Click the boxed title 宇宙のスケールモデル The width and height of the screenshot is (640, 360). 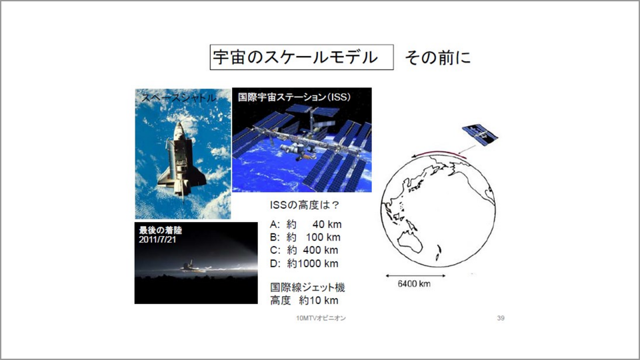[301, 57]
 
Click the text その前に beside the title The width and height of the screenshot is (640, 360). [437, 57]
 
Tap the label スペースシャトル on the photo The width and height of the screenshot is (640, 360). [179, 98]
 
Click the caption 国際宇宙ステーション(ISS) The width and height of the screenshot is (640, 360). [294, 97]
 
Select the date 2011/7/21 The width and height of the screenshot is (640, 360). [157, 239]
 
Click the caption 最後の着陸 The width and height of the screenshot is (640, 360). [161, 230]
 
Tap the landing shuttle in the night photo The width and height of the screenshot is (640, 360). [192, 266]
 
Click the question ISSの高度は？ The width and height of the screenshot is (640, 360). [305, 205]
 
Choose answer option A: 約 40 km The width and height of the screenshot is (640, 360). [306, 225]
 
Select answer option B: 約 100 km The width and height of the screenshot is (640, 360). [305, 237]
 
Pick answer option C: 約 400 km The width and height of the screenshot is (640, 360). [304, 250]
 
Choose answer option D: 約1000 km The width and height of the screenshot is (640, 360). [304, 264]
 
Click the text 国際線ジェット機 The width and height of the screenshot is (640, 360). [308, 287]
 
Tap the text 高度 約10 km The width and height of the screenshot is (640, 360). [304, 301]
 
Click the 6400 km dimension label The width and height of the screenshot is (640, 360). [414, 284]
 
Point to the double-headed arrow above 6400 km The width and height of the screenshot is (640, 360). [415, 276]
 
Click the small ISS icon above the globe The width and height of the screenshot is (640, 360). [480, 134]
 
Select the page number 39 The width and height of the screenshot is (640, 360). [501, 318]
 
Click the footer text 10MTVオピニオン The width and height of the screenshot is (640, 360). [321, 318]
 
